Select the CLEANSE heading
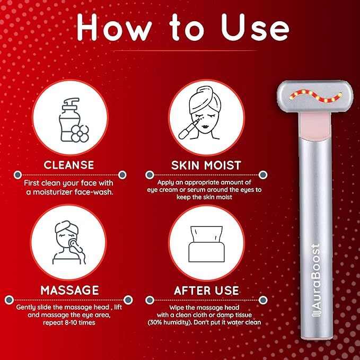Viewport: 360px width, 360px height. tap(69, 165)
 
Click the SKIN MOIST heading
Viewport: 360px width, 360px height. tap(206, 165)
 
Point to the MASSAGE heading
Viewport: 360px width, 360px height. tap(69, 290)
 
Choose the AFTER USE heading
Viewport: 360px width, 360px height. tap(206, 290)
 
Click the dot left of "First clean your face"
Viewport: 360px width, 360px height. tap(17, 174)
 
